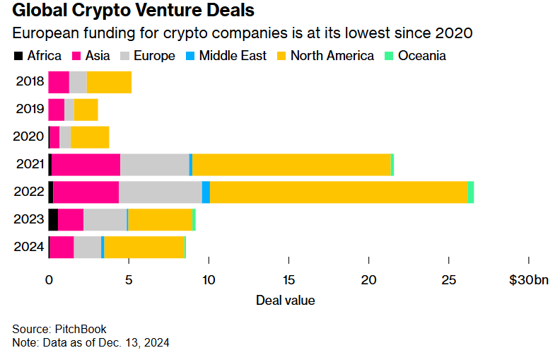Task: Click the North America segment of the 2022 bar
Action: coord(339,192)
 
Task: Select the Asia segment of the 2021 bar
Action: coord(86,165)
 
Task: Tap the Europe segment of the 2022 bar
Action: coord(161,192)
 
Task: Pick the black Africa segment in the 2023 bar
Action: coord(53,220)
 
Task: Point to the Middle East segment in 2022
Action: coord(206,192)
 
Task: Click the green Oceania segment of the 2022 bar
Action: coord(471,192)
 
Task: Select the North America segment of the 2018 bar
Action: coord(109,83)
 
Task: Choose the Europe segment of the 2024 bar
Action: coord(87,248)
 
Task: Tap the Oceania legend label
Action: coord(422,56)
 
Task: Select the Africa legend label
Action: coord(44,56)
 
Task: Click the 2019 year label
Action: coord(30,110)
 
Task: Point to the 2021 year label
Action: coord(30,165)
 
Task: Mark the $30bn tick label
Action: coord(528,280)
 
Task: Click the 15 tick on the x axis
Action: coord(288,280)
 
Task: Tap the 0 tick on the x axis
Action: coord(49,280)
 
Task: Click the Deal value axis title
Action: coord(285,301)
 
